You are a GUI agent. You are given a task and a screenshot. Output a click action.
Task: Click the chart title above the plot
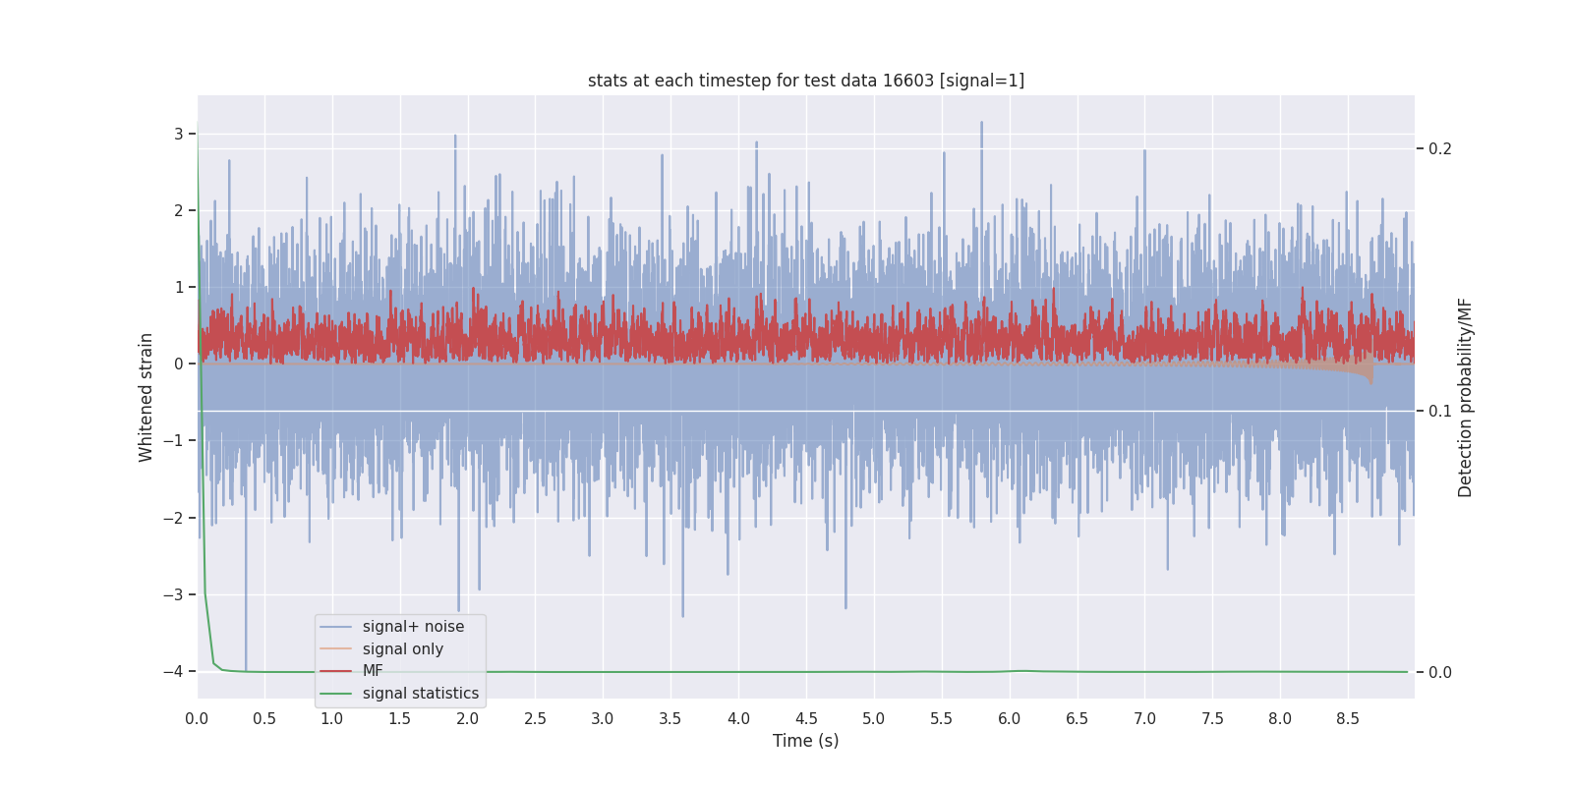point(805,81)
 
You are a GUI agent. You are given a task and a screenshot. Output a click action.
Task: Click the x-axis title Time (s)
point(805,741)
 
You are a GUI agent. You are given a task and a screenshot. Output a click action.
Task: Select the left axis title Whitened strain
point(146,397)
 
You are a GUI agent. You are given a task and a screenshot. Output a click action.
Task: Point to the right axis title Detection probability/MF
point(1465,397)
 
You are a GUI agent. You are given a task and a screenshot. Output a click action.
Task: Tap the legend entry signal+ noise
point(413,627)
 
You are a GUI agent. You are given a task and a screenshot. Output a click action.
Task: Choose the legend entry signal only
point(402,649)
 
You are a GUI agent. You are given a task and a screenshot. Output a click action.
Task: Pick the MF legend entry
point(373,671)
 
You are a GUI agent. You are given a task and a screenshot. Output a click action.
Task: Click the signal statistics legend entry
point(420,694)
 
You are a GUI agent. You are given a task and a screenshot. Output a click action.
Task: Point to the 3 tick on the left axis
point(179,134)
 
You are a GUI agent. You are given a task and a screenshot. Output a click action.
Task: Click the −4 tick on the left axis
point(173,671)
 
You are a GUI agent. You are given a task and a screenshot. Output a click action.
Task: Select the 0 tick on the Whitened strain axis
point(179,364)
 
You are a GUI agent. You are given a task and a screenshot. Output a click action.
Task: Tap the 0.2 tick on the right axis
point(1440,149)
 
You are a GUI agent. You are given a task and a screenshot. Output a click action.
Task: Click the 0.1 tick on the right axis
point(1440,411)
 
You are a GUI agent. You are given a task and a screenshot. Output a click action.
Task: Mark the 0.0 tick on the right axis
point(1440,673)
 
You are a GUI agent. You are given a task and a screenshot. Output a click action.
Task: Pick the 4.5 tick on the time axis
point(806,719)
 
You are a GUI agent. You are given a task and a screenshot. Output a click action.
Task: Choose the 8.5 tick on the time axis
point(1348,719)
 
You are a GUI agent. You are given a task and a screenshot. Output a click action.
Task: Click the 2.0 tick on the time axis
point(468,719)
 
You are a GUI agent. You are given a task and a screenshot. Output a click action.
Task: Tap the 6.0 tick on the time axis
point(1010,719)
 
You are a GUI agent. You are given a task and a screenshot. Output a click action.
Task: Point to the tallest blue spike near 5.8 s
point(981,124)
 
